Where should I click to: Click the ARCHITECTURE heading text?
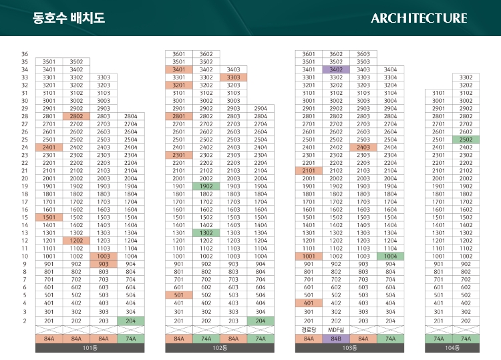coord(419,18)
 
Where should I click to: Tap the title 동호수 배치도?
coord(69,18)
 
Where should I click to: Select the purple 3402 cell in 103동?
coord(336,69)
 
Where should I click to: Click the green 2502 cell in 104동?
coord(466,140)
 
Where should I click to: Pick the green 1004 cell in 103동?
coord(391,256)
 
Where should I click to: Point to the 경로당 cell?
coord(309,330)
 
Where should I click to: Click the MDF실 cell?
coord(336,330)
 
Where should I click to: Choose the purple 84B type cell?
coord(336,339)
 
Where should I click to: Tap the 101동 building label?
coord(90,348)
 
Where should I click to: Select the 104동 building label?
coord(452,348)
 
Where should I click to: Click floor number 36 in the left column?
coord(25,54)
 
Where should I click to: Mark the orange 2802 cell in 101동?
coord(76,116)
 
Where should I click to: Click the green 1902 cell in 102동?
coord(206,186)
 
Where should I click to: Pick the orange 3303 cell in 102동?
coord(233,77)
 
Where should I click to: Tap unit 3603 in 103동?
coord(363,54)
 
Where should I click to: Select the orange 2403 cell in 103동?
coord(363,147)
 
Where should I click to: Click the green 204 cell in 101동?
coord(131,321)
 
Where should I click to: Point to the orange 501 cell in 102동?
coord(179,295)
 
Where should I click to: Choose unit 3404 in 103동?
coord(391,69)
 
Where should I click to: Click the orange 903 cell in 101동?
coord(104,264)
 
